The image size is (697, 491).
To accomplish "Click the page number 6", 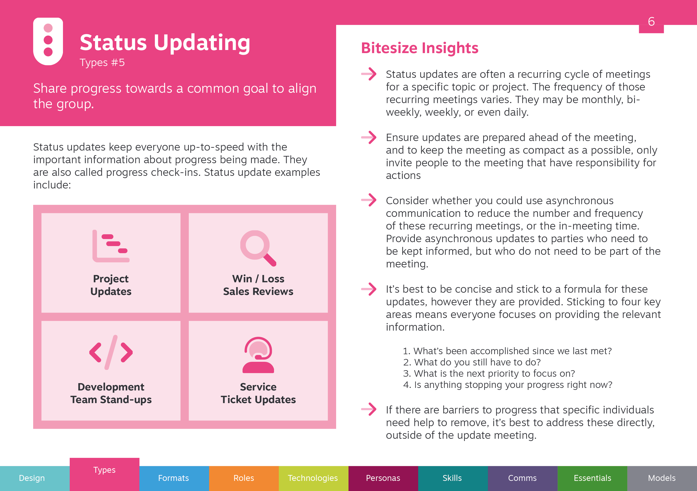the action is (x=651, y=22).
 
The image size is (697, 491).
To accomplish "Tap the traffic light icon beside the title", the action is (x=48, y=41).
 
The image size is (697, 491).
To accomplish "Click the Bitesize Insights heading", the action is (x=420, y=48).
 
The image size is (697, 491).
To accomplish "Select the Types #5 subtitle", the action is (x=102, y=63).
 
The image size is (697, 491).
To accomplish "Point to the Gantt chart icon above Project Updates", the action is (x=111, y=246).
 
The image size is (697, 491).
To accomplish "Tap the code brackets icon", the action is (x=111, y=352).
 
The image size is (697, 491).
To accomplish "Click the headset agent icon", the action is (x=258, y=355).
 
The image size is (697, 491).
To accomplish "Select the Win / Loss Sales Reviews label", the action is (x=258, y=285).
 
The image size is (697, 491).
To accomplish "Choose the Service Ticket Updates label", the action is (x=258, y=393).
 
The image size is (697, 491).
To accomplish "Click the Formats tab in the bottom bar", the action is (x=174, y=478).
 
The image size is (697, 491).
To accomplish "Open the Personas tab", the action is (x=383, y=478).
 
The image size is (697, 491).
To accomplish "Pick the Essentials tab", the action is (x=592, y=478).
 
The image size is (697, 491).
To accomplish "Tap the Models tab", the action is (x=662, y=478).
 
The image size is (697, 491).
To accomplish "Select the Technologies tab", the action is (x=313, y=478).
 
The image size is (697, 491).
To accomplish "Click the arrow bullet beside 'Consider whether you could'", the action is (x=369, y=200).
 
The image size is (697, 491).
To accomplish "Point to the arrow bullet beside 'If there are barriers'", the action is (x=369, y=409).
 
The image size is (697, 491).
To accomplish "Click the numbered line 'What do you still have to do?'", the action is (x=472, y=362).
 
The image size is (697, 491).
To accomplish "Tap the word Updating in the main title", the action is (x=202, y=42).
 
